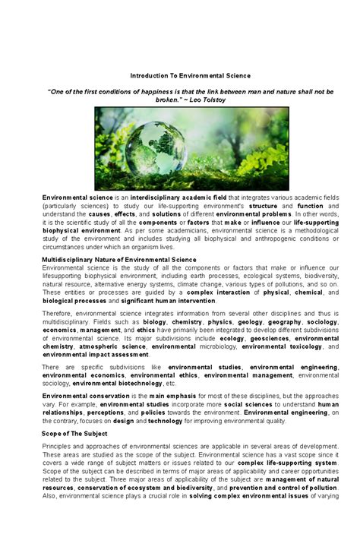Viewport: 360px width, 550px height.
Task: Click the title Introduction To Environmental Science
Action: (x=190, y=76)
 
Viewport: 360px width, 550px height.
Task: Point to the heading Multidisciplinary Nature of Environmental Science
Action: (x=118, y=259)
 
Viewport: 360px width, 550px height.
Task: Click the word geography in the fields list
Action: (x=284, y=322)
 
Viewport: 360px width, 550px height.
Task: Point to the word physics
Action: (x=219, y=322)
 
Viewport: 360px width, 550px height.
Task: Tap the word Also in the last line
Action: (x=50, y=517)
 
